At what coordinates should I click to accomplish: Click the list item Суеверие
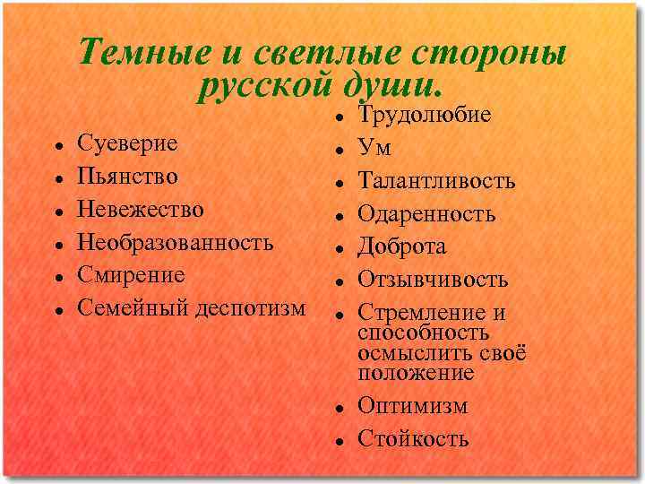(x=127, y=143)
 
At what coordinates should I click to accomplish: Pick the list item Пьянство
(x=127, y=176)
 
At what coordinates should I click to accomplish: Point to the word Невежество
(x=141, y=209)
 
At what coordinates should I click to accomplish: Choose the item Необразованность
(x=176, y=242)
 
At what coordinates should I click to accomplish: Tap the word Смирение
(x=131, y=274)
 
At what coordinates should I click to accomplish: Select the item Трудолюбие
(x=425, y=115)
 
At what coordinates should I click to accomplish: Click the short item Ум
(x=374, y=148)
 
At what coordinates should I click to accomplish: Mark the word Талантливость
(x=436, y=181)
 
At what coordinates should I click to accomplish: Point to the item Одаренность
(x=426, y=214)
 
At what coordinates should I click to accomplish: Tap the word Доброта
(x=402, y=246)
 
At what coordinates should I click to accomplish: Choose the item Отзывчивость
(x=433, y=280)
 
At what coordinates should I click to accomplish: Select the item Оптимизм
(x=412, y=405)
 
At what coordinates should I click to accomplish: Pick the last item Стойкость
(x=413, y=438)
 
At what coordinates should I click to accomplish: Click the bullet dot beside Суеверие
(x=57, y=143)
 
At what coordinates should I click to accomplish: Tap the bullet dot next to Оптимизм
(x=343, y=407)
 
